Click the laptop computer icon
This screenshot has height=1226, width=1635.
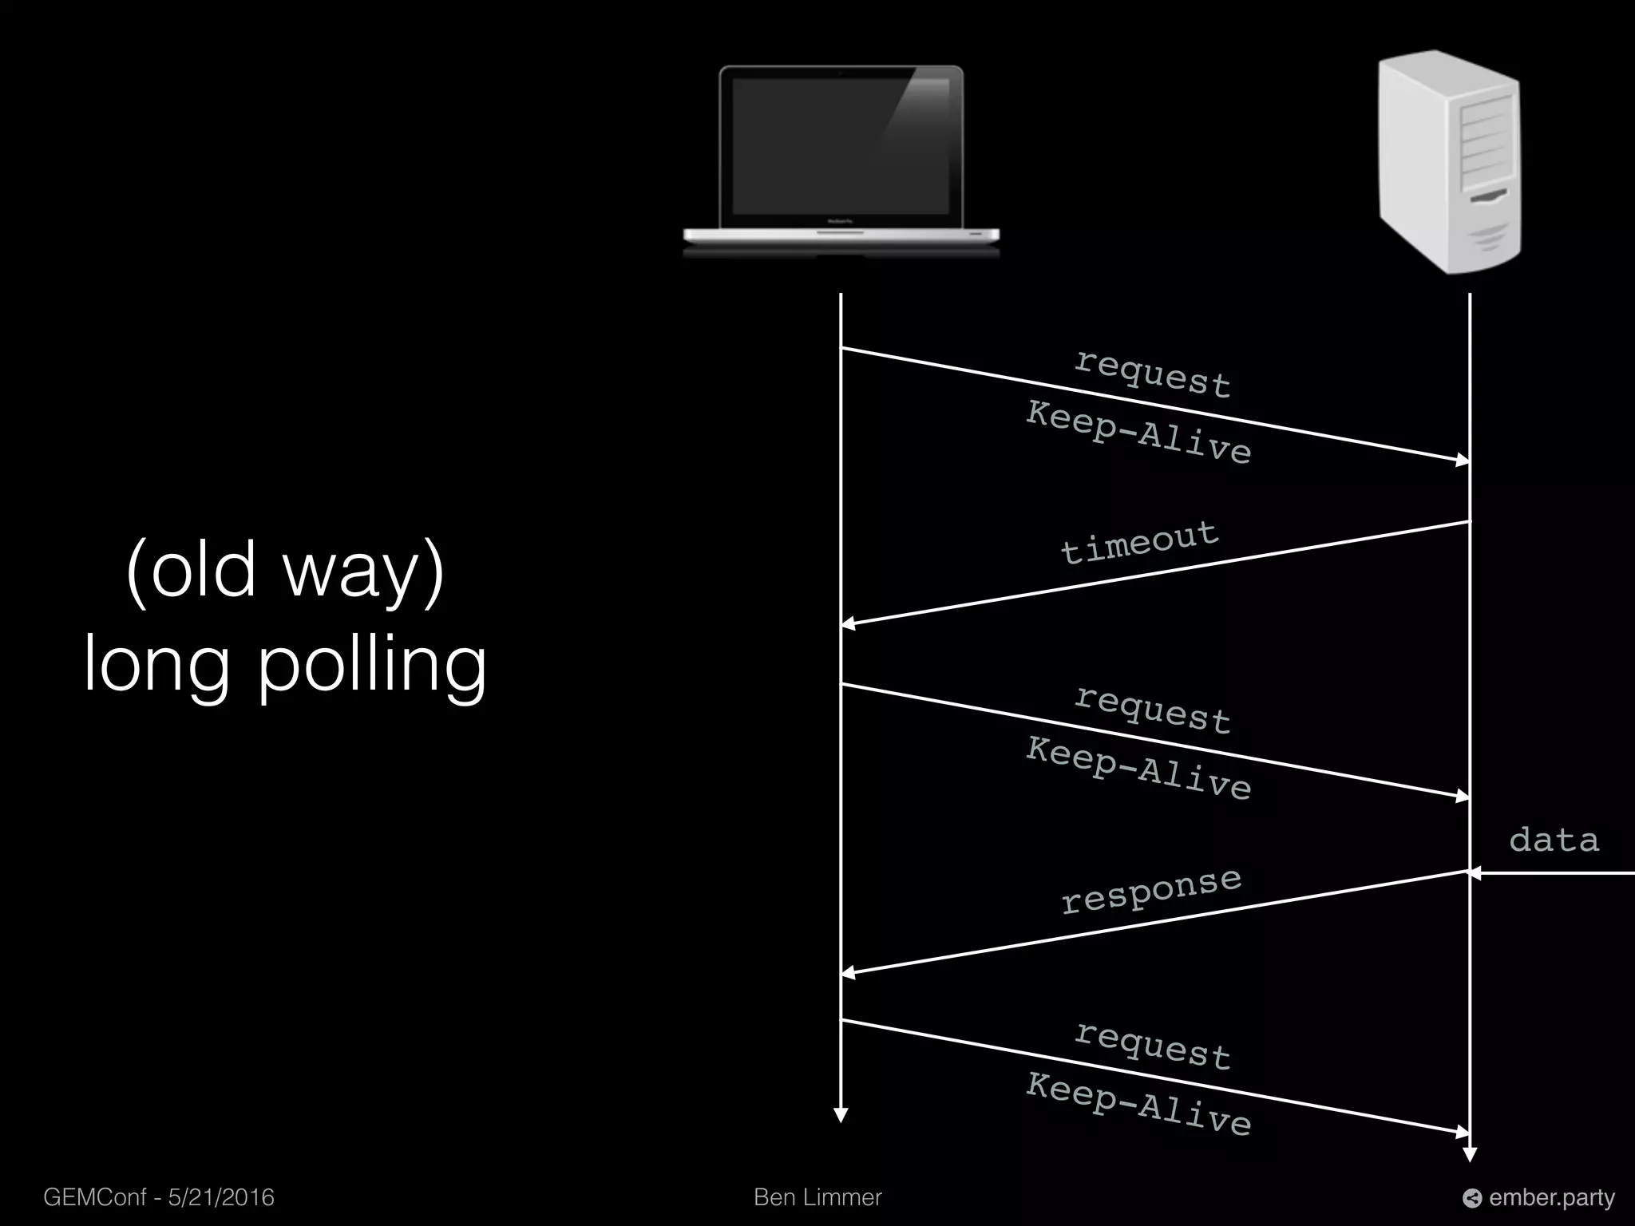point(841,160)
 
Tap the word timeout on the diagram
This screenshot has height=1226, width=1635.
point(1139,542)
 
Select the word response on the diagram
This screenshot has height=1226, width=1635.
point(1151,889)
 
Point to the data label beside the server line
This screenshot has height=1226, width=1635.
point(1554,840)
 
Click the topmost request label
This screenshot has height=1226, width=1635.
point(1152,373)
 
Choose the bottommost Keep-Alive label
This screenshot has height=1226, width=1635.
point(1138,1105)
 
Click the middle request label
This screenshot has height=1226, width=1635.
point(1152,709)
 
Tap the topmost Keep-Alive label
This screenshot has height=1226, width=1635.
point(1138,433)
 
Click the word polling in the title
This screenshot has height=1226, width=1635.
point(371,664)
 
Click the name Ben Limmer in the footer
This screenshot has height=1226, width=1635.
point(817,1197)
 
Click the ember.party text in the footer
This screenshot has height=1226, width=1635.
point(1552,1197)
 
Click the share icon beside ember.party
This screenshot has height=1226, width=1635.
point(1472,1198)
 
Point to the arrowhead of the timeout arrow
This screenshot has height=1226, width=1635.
point(848,623)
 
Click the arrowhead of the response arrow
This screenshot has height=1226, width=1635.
point(848,972)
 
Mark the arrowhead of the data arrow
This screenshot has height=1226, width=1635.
point(1476,874)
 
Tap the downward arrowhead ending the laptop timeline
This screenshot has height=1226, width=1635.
point(840,1116)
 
